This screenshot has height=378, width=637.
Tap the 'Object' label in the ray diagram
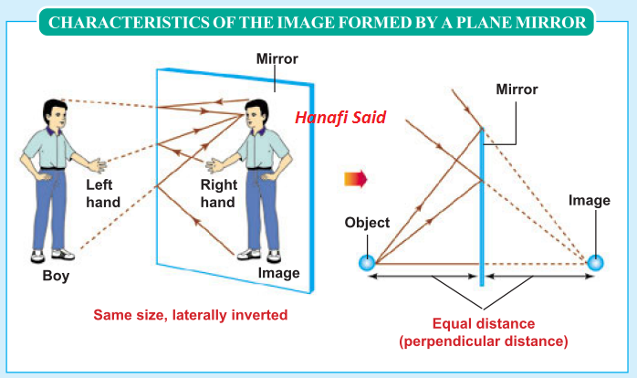point(367,223)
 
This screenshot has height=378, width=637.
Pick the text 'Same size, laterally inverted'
point(191,315)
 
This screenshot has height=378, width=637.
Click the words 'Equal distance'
point(485,324)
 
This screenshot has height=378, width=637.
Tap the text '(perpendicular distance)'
point(484,341)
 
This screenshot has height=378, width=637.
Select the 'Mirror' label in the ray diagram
point(517,90)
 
